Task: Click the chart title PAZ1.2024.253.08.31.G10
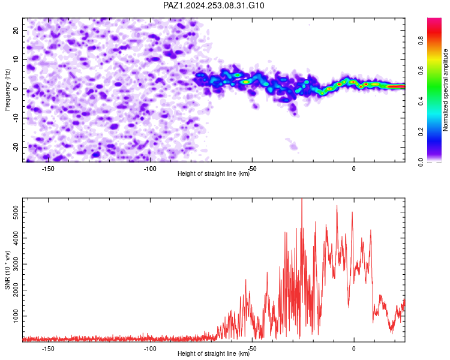tap(214, 5)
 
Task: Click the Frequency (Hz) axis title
tap(7, 90)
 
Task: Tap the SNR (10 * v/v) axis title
tap(7, 270)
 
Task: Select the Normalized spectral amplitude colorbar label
tap(445, 90)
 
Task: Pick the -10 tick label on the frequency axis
tap(16, 118)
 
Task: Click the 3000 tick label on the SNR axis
tap(16, 264)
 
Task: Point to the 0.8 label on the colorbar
tap(421, 40)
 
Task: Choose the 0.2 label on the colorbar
tap(421, 132)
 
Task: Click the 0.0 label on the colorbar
tap(421, 162)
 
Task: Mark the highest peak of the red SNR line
tap(302, 199)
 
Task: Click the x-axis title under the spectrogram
tap(214, 173)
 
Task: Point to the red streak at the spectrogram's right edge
tap(395, 86)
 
